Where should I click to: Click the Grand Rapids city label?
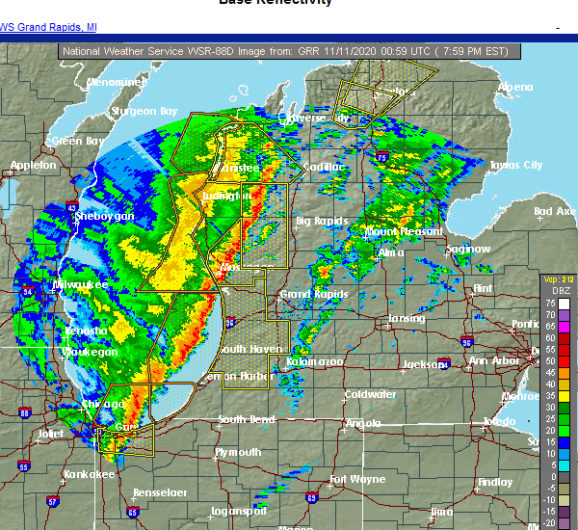coord(307,293)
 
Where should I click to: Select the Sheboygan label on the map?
coord(104,217)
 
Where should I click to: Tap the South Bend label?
coord(246,419)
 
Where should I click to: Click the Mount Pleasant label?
coord(404,231)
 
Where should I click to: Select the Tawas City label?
coord(514,165)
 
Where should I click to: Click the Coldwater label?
coord(371,394)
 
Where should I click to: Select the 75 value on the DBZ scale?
coord(553,302)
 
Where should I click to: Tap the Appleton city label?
coord(32,165)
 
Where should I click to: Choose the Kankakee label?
coord(90,474)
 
